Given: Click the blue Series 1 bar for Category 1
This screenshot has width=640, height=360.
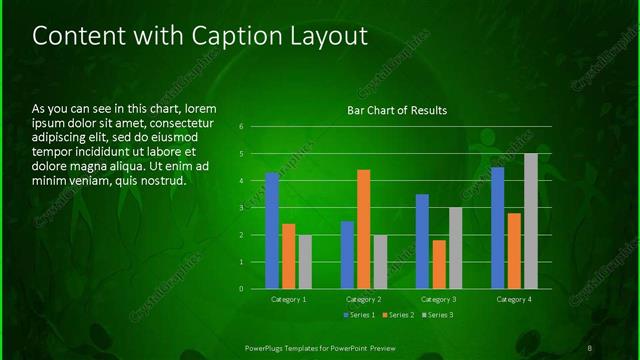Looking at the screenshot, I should [272, 230].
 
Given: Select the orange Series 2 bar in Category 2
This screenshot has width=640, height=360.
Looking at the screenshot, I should [363, 229].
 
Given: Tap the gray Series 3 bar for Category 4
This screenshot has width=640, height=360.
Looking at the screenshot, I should [530, 220].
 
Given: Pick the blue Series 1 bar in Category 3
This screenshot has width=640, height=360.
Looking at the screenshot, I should [422, 241].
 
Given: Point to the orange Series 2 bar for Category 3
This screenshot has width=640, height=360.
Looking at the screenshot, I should [439, 264].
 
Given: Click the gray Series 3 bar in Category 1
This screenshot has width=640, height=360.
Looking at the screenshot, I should [305, 261].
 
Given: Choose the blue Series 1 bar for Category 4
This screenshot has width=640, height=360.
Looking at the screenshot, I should [497, 227].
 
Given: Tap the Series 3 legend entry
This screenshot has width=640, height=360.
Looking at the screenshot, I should [438, 315].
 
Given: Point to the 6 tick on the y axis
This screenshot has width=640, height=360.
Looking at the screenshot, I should [242, 127].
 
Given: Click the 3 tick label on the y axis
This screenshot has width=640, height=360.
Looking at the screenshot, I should [242, 208].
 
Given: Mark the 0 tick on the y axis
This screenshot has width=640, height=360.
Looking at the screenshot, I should [242, 289].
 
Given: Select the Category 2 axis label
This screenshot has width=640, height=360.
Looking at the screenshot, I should [363, 299].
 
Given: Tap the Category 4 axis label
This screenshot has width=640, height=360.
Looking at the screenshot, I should [513, 299].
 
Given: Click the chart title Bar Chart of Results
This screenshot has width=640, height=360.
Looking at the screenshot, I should [397, 110].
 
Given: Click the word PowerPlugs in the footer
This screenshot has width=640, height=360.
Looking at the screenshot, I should [268, 347].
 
